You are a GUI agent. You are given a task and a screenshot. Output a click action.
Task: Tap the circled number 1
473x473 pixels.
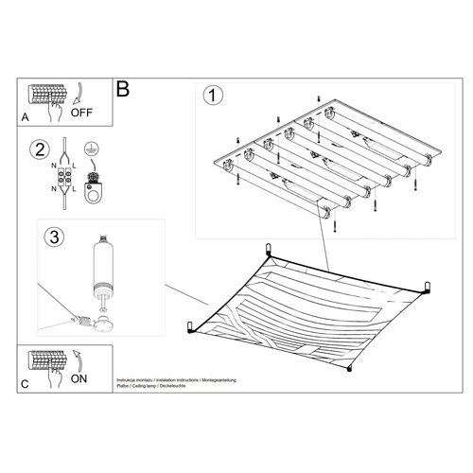point(215,96)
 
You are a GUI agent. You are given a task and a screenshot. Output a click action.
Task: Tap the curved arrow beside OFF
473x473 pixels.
point(76,95)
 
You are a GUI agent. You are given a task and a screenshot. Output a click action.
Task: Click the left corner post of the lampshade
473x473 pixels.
point(190,326)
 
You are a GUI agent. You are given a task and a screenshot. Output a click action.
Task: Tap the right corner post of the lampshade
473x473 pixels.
point(427,287)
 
